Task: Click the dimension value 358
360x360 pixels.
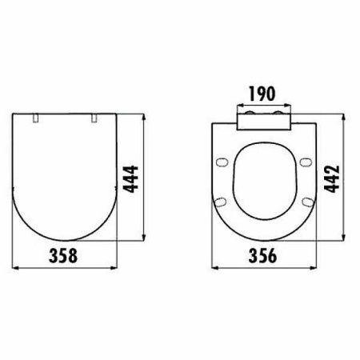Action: pos(63,255)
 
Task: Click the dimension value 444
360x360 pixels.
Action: pos(130,179)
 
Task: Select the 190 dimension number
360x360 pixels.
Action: pos(262,94)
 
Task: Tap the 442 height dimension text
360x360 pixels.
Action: pos(332,179)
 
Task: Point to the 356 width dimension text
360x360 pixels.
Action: pos(262,255)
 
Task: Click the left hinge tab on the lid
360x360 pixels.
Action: pos(36,118)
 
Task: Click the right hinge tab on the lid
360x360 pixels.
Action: pos(94,118)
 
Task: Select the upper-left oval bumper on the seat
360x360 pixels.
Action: pos(222,162)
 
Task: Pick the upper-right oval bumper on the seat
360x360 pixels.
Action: pos(306,162)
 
